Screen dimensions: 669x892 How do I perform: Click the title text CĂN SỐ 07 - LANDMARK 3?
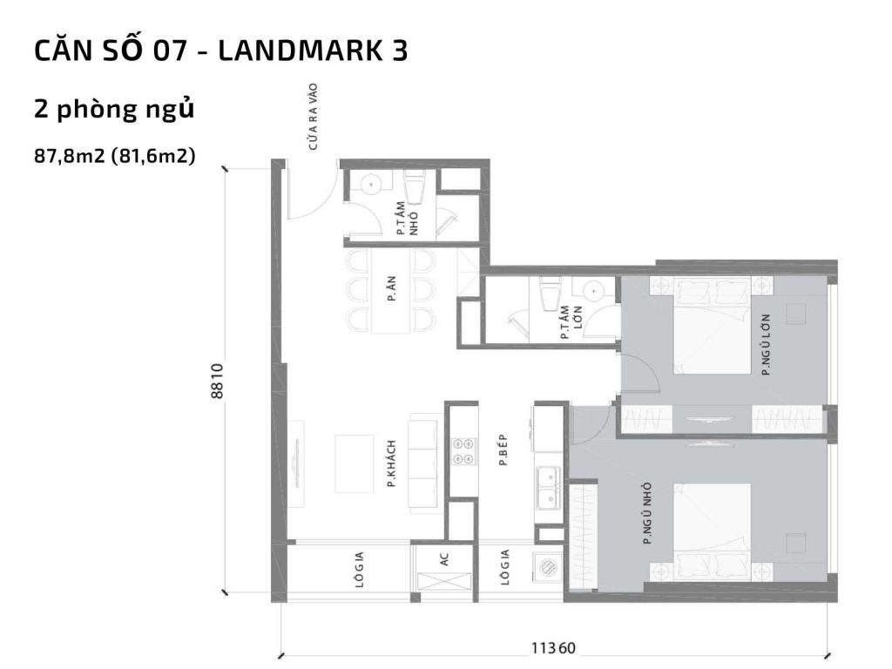coord(220,51)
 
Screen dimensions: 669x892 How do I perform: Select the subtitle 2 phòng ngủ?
coord(113,110)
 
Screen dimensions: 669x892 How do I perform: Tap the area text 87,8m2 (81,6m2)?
coord(114,157)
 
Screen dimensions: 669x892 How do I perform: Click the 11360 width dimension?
coord(554,648)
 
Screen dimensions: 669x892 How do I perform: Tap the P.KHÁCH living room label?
coord(392,462)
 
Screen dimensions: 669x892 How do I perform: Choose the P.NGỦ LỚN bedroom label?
coord(766,344)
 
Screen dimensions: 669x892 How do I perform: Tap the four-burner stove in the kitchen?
coord(463,450)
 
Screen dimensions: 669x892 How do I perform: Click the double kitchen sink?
coord(549,487)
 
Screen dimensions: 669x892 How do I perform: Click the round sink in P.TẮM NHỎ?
coord(370,185)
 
